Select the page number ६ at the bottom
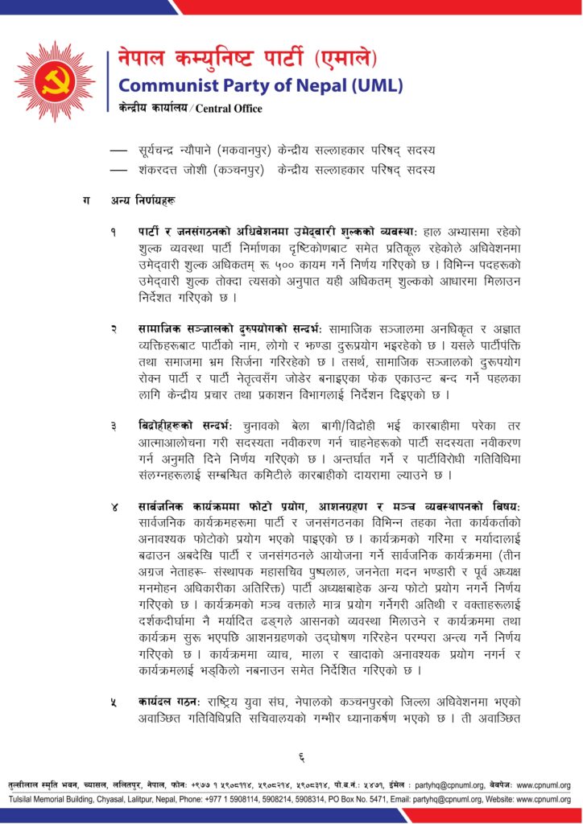300,756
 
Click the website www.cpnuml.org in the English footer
542,799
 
